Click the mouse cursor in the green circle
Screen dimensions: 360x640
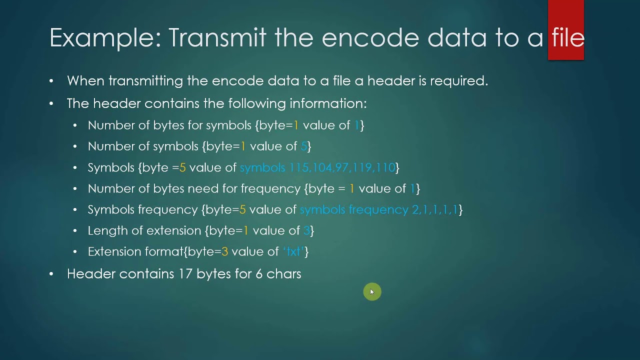372,292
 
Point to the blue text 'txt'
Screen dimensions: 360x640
293,251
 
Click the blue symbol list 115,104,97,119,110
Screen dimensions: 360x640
342,167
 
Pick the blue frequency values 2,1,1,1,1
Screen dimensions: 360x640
435,209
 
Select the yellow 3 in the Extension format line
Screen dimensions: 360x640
224,251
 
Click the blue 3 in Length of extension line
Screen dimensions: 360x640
306,230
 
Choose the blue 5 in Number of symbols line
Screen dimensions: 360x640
303,146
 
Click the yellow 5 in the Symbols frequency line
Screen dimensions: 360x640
242,209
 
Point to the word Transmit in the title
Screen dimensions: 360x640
217,38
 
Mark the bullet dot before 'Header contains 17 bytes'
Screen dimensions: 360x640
51,274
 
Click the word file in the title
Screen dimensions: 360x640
568,38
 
